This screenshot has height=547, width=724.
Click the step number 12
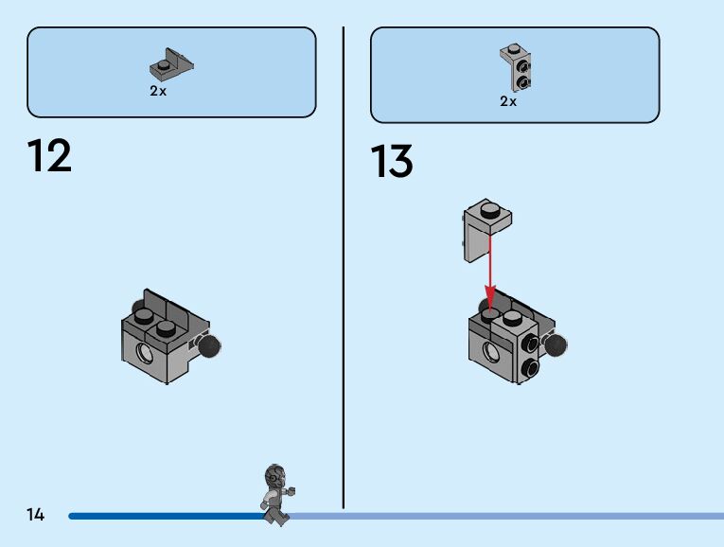click(49, 155)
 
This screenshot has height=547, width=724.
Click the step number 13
click(392, 162)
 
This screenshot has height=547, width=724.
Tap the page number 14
click(36, 515)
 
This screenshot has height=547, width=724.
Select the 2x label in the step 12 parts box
click(158, 92)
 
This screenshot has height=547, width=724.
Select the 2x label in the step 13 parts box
click(508, 101)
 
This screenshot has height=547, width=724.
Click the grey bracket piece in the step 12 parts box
click(171, 65)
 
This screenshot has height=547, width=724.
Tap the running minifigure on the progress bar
click(275, 494)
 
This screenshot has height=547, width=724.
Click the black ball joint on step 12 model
click(209, 346)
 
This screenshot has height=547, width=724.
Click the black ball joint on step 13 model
click(556, 345)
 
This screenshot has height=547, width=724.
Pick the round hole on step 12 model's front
click(145, 354)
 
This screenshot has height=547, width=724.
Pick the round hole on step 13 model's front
click(492, 353)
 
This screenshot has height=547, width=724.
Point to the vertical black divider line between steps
click(343, 265)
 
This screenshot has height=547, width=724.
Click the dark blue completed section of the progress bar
click(161, 516)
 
